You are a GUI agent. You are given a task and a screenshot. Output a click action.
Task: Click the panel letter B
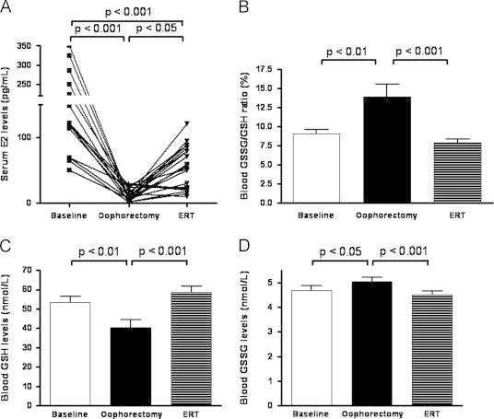tap(255, 8)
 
